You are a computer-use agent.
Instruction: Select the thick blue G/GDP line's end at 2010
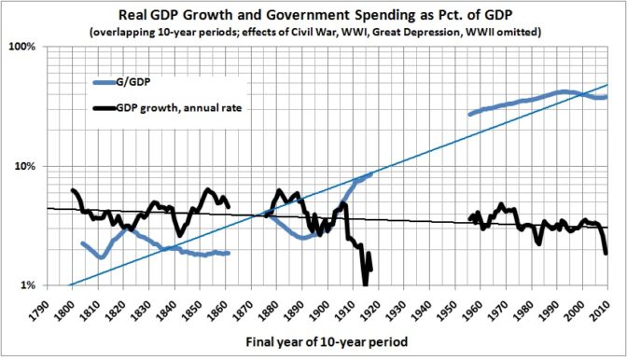(x=606, y=96)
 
